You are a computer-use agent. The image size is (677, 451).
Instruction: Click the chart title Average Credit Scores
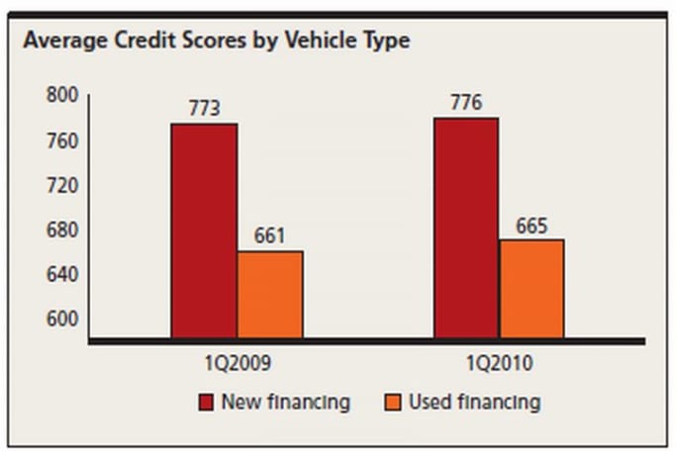coord(216,41)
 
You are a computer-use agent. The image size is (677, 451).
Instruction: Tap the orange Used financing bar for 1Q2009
coord(270,294)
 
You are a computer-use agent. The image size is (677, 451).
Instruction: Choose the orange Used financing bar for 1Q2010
coord(532,288)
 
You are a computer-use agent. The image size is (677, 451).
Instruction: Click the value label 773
coord(204,108)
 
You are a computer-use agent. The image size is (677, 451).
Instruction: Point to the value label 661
coord(269,235)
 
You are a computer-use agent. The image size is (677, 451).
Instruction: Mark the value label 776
coord(465,102)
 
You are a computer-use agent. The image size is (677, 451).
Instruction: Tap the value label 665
coord(532,225)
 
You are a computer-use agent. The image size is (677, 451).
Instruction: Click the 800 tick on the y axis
coord(62,97)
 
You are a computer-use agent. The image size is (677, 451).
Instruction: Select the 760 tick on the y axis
coord(62,141)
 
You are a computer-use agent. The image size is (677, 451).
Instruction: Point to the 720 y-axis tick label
coord(62,186)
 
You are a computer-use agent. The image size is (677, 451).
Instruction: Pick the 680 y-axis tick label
coord(62,230)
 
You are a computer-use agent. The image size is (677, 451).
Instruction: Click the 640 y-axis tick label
coord(62,274)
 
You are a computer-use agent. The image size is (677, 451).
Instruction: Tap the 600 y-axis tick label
coord(62,318)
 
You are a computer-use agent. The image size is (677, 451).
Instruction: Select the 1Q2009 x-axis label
coord(237,364)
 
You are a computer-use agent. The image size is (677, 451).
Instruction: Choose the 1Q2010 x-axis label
coord(500,364)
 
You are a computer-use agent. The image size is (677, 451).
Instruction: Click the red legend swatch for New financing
coord(207,403)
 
